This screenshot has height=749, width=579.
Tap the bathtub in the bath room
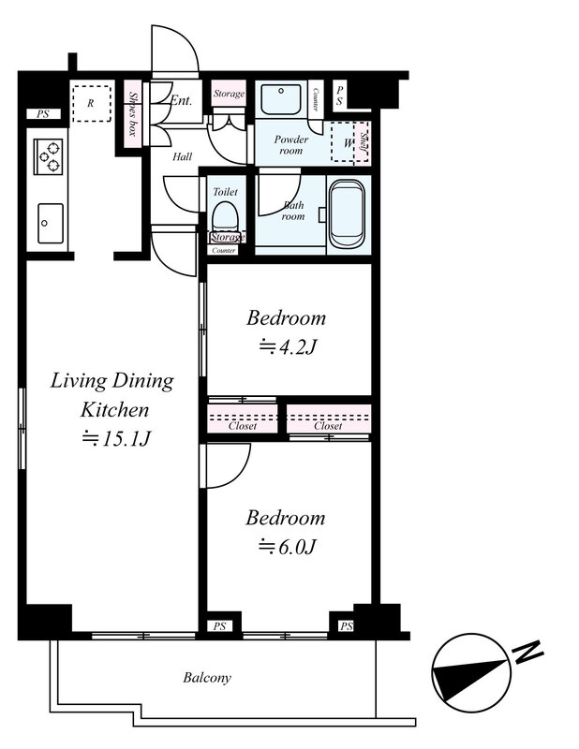pos(348,214)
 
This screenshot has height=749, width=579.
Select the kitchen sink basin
pos(51,223)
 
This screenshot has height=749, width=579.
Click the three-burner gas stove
pos(49,156)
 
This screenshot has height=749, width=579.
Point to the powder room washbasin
pos(281,100)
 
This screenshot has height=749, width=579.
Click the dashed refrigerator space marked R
pos(91,104)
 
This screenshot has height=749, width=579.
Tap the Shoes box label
pos(133,114)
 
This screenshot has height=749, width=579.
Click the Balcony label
pos(207,678)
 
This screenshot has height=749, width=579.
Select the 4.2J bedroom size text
pos(288,347)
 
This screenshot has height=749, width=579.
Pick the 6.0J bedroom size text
pos(287,547)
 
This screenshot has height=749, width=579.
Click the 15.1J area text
pos(117,438)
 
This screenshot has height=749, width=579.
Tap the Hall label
pos(182,156)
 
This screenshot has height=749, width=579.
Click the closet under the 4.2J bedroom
pos(243,419)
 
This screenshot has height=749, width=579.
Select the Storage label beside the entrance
pos(229,94)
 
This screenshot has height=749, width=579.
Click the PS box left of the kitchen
pos(43,114)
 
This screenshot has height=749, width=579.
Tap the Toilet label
pos(225,192)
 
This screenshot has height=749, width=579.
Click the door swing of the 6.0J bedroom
pos(226,465)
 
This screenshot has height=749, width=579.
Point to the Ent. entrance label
pos(182,100)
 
